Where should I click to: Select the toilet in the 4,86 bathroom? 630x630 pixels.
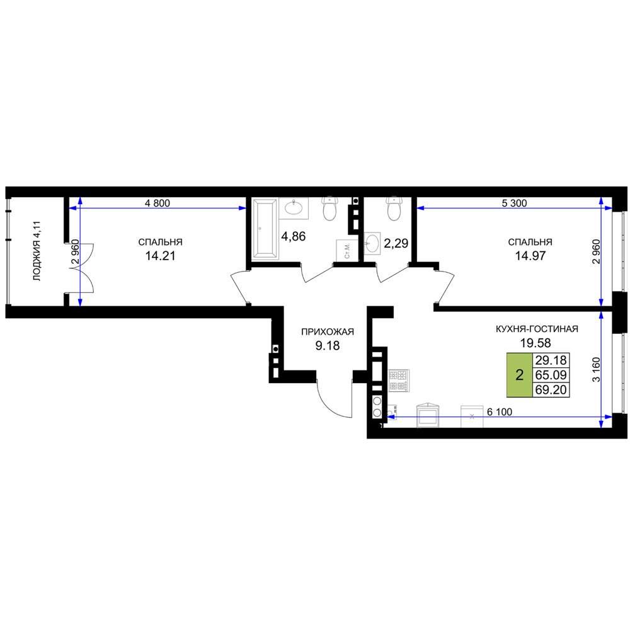330,208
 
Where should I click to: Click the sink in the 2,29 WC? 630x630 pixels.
372,243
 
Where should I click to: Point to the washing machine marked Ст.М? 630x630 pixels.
345,250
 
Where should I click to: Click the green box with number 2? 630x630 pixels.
520,375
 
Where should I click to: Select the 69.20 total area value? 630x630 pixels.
551,389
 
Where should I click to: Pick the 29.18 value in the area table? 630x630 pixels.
551,360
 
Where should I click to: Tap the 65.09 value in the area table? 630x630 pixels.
551,375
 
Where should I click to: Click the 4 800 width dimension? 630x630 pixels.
157,203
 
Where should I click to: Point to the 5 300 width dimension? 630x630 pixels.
514,203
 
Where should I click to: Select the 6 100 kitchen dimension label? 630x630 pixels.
500,412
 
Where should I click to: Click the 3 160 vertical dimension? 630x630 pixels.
596,370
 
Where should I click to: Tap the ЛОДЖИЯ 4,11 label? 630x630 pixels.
37,251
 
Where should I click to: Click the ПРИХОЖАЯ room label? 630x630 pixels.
328,332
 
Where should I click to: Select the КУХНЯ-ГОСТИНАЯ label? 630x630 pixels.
537,329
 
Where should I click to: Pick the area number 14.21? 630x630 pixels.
160,256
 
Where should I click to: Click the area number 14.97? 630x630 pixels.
530,256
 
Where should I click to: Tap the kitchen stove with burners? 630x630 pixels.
399,381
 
